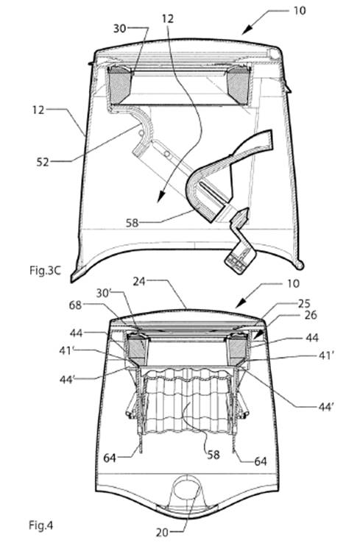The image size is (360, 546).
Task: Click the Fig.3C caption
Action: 45,271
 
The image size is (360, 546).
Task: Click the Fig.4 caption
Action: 40,525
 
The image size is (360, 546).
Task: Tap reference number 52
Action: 43,162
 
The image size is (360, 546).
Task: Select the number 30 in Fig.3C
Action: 119,28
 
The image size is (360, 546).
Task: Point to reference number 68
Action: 75,305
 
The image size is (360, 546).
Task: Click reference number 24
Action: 138,281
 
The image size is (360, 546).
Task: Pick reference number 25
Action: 303,304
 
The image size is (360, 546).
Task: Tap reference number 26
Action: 311,315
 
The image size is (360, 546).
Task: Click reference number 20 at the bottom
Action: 162,533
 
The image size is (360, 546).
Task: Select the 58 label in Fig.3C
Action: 132,222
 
